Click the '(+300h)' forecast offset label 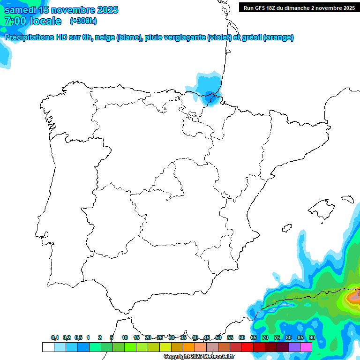click(x=83, y=21)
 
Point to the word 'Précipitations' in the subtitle click(x=30, y=37)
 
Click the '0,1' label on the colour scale click(x=55, y=337)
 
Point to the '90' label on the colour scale click(x=312, y=337)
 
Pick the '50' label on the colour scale click(x=218, y=337)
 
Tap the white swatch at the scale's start click(x=48, y=347)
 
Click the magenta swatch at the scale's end click(x=306, y=347)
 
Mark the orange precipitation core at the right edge click(x=353, y=296)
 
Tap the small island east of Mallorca click(x=347, y=199)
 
